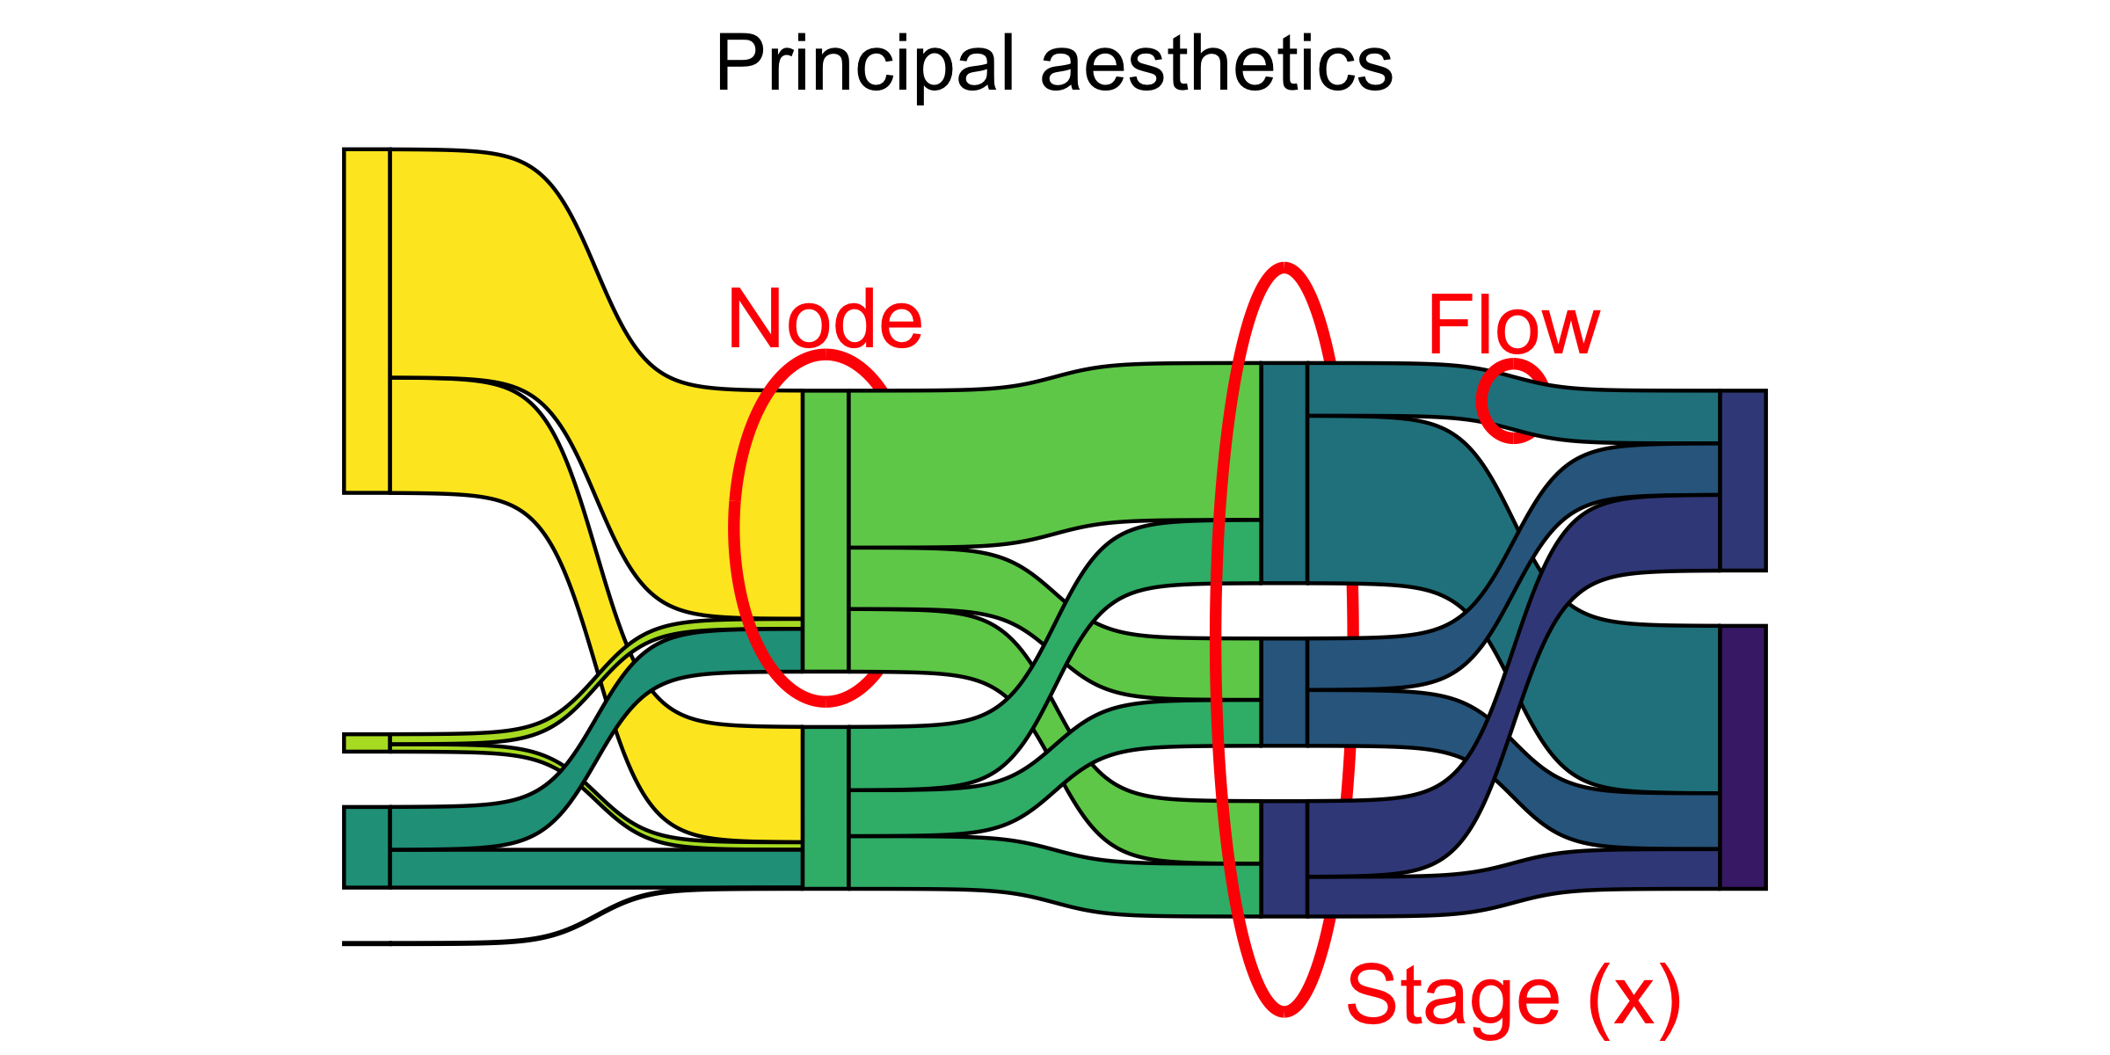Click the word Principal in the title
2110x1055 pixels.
point(866,63)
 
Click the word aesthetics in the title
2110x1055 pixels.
point(1217,63)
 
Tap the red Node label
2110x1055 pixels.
point(825,319)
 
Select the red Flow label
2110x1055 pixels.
point(1513,325)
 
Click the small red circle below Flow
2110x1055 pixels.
point(1511,401)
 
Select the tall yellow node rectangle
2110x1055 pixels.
point(367,321)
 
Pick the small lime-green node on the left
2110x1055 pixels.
point(367,743)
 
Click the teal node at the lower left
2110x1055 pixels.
point(367,847)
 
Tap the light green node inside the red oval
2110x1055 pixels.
point(826,530)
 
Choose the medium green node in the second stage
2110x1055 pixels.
point(826,807)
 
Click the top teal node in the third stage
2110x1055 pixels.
point(1284,472)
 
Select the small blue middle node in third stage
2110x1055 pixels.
point(1284,692)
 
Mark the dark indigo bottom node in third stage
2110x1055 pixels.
point(1284,859)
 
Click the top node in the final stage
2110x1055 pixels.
point(1743,480)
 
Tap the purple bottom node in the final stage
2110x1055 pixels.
point(1743,757)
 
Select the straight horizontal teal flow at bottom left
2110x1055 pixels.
point(598,868)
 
